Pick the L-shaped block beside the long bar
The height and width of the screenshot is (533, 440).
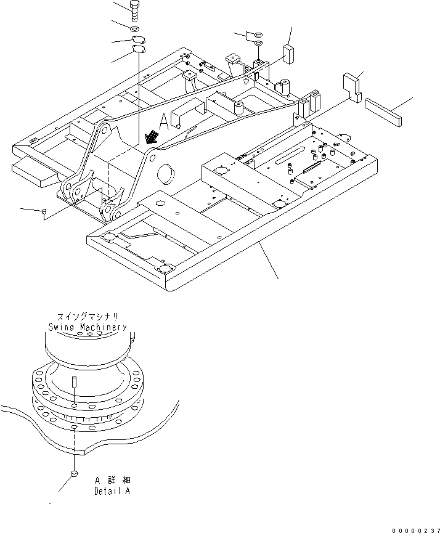[x=351, y=85]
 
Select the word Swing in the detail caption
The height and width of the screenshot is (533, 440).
[x=63, y=327]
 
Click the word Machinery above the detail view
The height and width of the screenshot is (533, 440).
[x=104, y=327]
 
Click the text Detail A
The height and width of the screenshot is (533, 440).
[x=112, y=491]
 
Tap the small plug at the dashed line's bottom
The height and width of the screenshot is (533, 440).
[x=73, y=473]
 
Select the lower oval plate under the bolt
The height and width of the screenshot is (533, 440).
[x=139, y=52]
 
